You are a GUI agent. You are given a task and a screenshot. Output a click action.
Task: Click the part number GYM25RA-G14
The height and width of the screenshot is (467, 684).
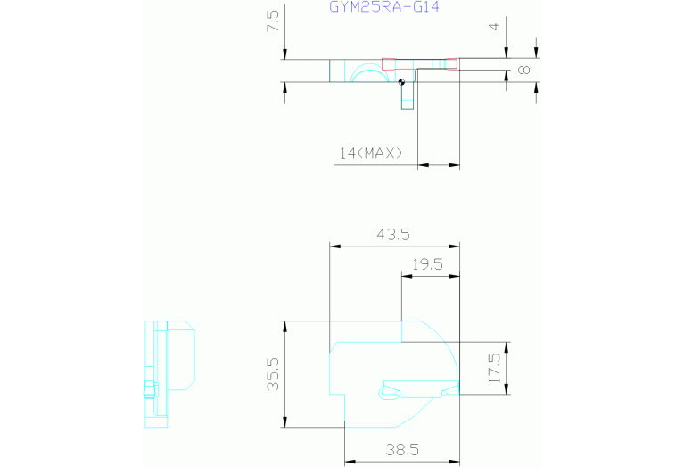383,6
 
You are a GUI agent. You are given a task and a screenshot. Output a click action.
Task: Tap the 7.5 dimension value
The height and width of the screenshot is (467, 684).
273,21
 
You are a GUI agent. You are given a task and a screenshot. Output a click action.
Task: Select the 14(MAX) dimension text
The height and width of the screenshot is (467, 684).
371,154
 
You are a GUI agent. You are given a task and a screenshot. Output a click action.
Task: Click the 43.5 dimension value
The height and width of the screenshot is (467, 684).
393,235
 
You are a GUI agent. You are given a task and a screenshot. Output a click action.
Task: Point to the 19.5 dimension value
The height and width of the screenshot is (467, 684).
427,264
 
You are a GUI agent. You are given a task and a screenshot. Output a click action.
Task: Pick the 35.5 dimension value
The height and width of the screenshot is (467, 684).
273,374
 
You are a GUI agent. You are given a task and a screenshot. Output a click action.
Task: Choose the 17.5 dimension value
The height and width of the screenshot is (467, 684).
495,368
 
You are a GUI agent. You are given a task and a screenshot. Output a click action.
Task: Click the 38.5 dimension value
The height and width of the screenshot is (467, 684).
402,449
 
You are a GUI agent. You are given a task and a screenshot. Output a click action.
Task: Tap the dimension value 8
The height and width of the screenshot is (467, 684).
523,70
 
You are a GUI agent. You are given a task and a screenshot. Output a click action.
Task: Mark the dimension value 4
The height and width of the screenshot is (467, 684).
494,27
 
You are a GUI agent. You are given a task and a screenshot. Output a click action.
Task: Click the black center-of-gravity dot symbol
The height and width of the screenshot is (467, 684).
402,82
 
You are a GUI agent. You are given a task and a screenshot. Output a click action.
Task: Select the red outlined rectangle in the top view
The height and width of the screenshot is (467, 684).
421,64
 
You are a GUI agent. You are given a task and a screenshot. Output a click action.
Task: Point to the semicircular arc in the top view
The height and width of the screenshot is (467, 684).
370,65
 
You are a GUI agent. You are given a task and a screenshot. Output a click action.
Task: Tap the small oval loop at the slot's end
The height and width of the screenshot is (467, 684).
383,393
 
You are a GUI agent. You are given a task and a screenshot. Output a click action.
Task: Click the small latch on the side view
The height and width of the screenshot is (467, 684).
151,389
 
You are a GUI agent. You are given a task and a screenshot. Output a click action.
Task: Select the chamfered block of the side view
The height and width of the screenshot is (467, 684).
181,355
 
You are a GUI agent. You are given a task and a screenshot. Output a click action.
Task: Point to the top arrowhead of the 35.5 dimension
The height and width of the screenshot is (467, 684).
284,326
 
